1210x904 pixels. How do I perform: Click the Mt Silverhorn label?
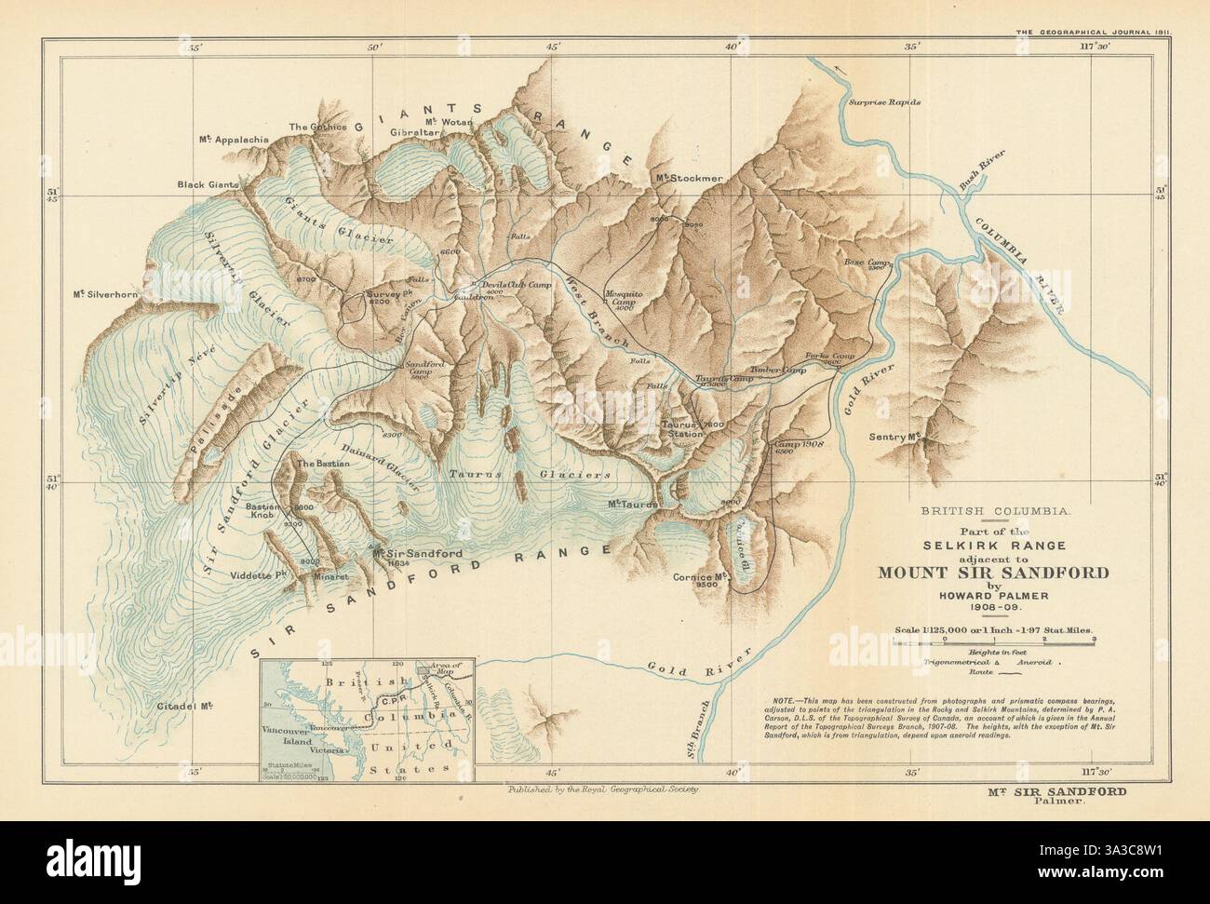point(106,295)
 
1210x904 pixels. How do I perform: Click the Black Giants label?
point(208,185)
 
